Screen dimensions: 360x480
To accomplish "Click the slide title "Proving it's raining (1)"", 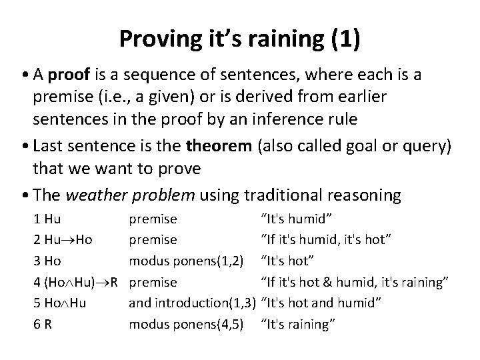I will pyautogui.click(x=240, y=39).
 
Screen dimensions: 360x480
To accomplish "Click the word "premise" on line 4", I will pyautogui.click(x=153, y=282).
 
